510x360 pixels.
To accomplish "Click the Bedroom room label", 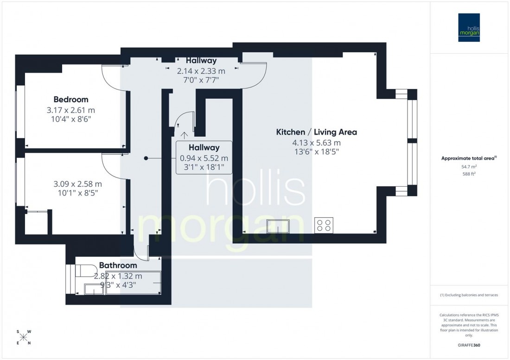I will (x=70, y=99).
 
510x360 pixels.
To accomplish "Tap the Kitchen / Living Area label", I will (x=317, y=132).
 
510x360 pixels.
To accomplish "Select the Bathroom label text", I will (x=118, y=265).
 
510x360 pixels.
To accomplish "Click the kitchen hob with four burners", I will (x=323, y=225).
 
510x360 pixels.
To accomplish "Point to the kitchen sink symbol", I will (x=278, y=226).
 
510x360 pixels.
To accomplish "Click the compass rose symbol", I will (x=24, y=337).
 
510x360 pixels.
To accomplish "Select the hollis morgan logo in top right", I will (x=469, y=27).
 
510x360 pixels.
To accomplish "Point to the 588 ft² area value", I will (x=469, y=174).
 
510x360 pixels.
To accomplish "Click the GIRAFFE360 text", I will (x=469, y=345).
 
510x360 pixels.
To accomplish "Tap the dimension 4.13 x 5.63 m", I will (x=317, y=143).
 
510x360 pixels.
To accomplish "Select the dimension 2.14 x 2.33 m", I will (x=201, y=71).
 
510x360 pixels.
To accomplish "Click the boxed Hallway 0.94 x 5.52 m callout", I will (x=204, y=158).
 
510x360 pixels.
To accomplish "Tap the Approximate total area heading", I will (x=469, y=158).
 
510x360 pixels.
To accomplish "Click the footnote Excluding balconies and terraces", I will (x=469, y=295).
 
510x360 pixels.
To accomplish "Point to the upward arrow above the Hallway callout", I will (x=185, y=135).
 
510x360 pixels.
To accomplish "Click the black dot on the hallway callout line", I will (x=146, y=158).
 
